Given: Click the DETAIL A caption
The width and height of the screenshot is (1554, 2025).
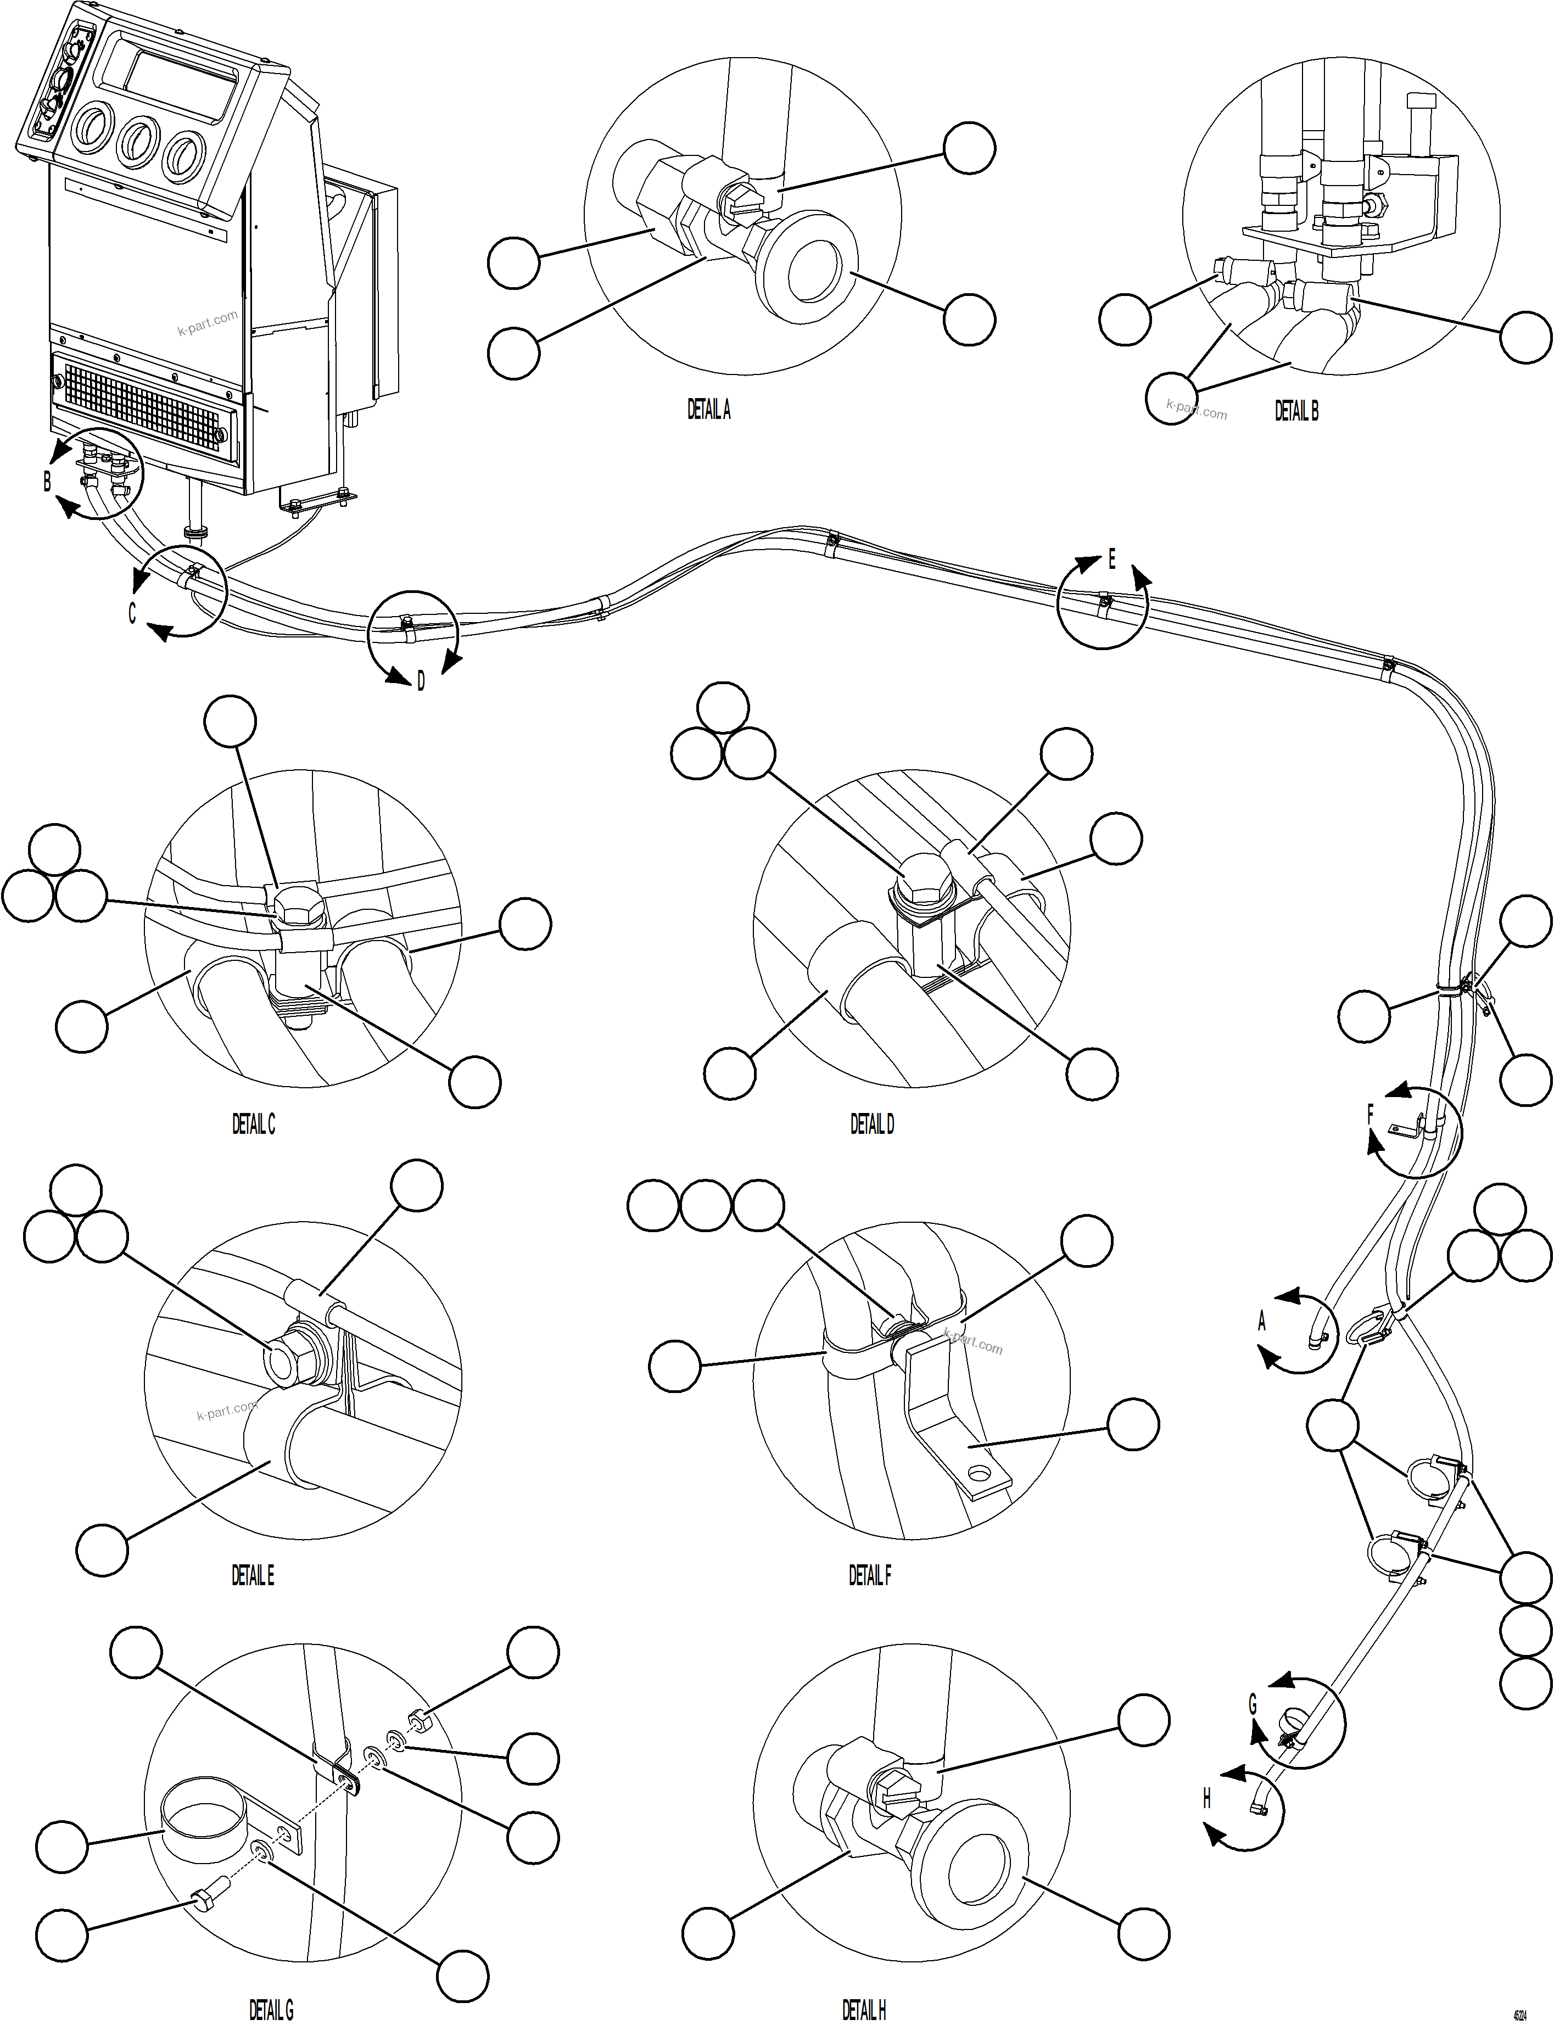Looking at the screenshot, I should [x=708, y=410].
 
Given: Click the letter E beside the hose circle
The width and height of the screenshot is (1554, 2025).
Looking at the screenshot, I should [x=1112, y=560].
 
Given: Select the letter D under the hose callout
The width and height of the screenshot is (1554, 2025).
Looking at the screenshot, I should [x=421, y=682].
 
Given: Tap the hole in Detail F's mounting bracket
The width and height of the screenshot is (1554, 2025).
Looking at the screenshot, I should [x=974, y=1471].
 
